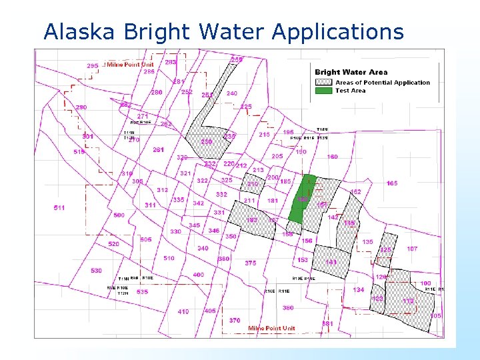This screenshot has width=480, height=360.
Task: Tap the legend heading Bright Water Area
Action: [x=351, y=72]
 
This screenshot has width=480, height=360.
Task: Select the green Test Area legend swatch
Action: [x=325, y=91]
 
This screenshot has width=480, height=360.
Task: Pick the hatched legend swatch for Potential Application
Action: [x=325, y=82]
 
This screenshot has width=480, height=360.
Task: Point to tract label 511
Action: [x=59, y=208]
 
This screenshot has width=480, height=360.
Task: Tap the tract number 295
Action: [x=93, y=65]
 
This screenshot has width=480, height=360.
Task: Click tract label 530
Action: [x=97, y=271]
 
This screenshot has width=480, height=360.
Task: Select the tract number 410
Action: [x=183, y=311]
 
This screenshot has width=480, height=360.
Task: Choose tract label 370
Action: [x=235, y=321]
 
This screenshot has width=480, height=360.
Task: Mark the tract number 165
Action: [x=391, y=183]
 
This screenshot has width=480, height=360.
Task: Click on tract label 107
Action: [x=412, y=249]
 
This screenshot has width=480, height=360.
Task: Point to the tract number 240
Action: [x=231, y=93]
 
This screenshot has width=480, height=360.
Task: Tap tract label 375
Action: [x=250, y=263]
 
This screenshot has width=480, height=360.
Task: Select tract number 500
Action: [x=119, y=215]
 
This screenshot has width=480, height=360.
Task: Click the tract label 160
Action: [x=332, y=157]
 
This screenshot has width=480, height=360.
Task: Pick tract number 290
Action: [x=81, y=107]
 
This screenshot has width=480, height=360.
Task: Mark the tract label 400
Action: [x=198, y=275]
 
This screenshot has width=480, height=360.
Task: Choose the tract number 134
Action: [x=359, y=290]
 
